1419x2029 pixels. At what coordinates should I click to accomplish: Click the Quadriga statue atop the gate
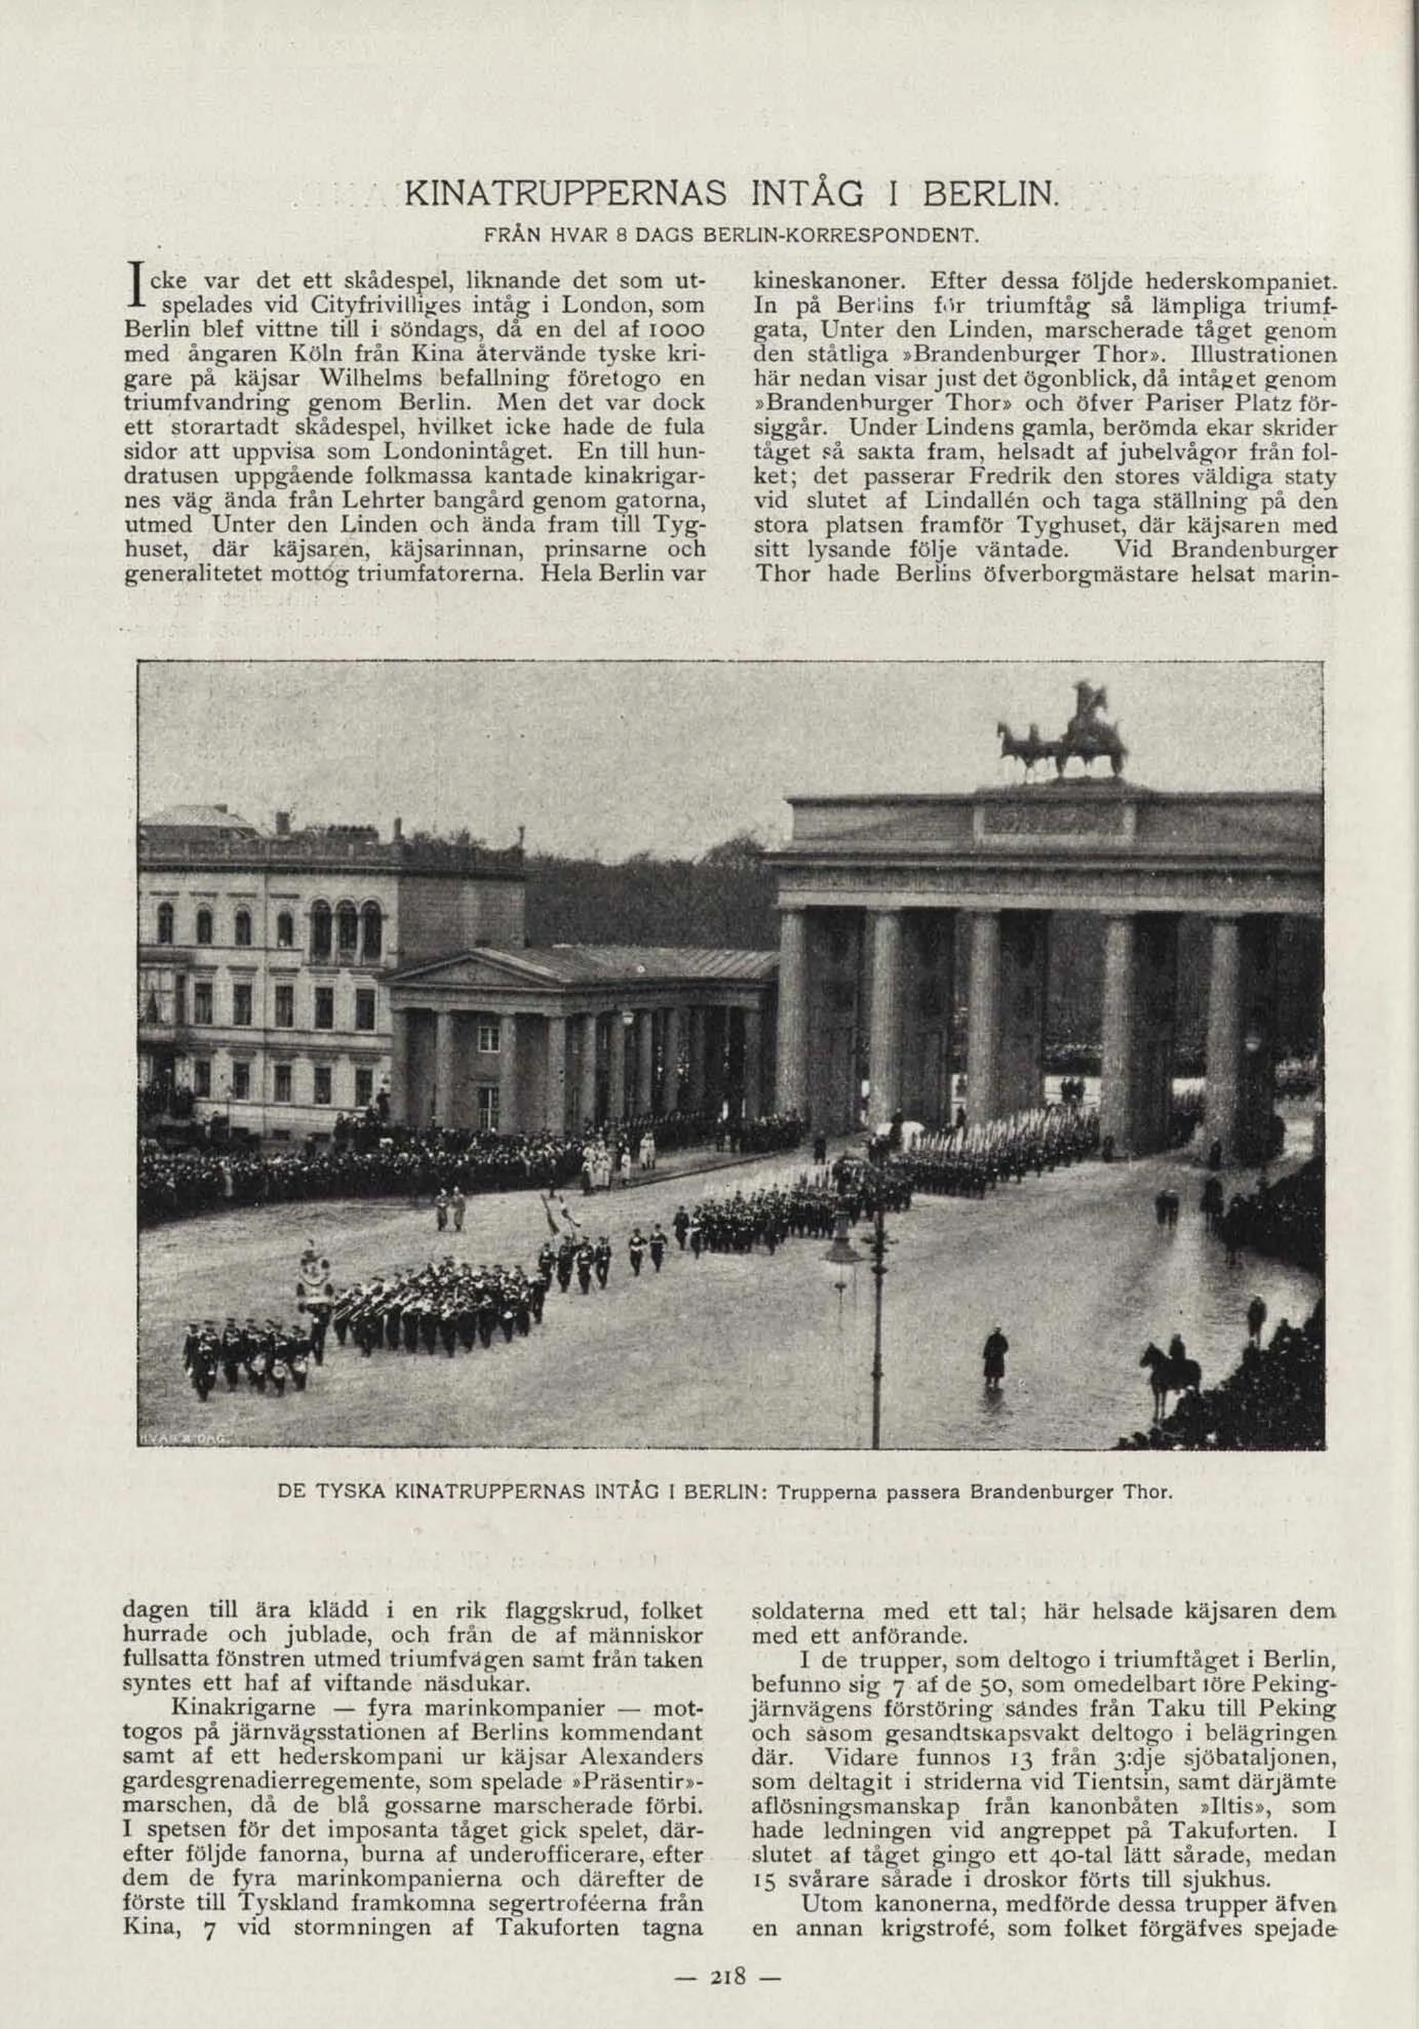1065,734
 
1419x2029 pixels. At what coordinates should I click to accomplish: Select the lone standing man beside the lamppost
995,1357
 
